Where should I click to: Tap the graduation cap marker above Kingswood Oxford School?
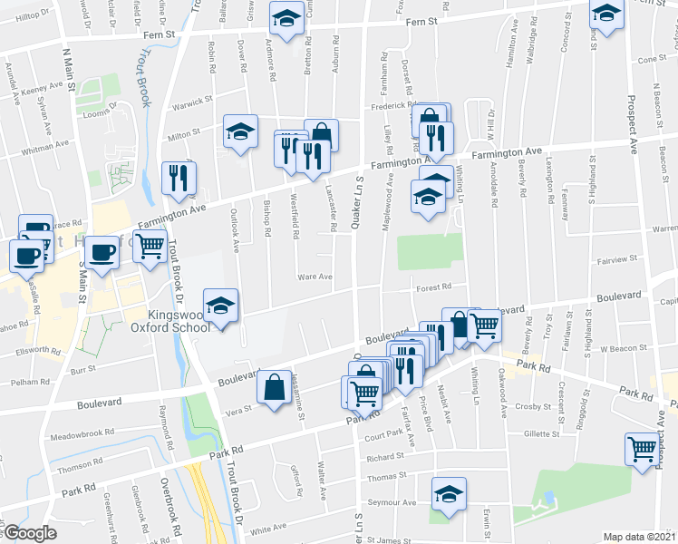tap(220, 306)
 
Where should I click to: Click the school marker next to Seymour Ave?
tap(448, 493)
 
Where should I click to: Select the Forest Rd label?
tap(433, 288)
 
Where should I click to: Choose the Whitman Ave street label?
tap(44, 144)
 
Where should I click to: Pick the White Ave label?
tap(267, 529)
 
